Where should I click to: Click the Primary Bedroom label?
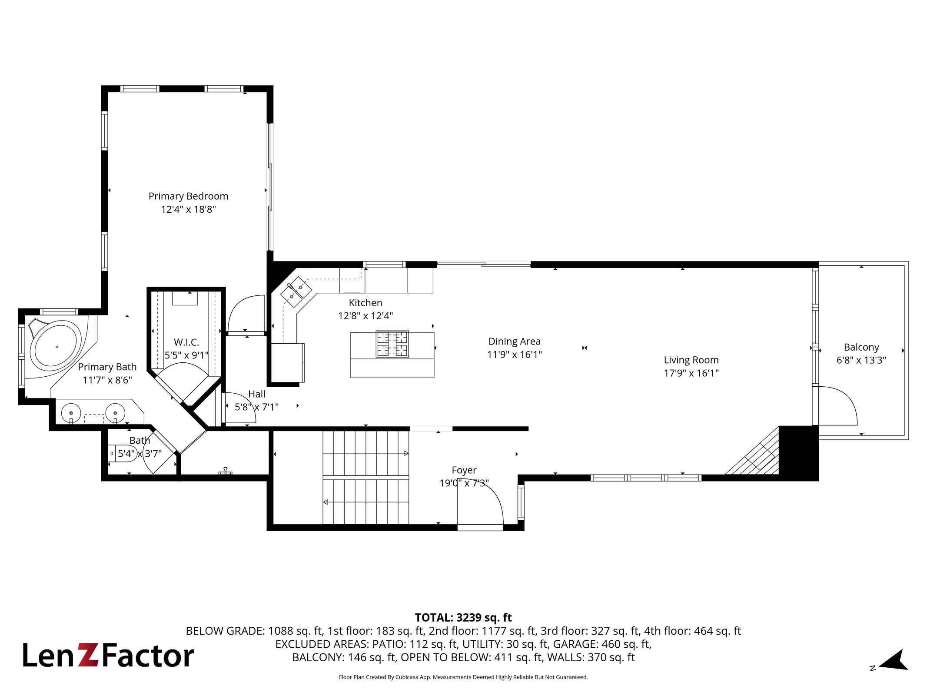(188, 196)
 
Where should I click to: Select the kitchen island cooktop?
(392, 344)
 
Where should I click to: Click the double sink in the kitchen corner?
(296, 292)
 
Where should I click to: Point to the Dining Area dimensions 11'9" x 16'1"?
(515, 355)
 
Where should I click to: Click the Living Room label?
(691, 360)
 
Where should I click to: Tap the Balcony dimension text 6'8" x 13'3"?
(861, 360)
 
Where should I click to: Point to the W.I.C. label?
(186, 342)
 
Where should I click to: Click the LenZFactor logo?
(108, 656)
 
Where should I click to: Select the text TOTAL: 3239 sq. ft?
(463, 618)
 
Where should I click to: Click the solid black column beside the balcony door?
(799, 453)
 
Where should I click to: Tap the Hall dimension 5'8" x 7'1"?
(256, 407)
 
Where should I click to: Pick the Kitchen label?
(365, 303)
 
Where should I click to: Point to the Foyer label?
(464, 470)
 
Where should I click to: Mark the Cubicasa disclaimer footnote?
(463, 677)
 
